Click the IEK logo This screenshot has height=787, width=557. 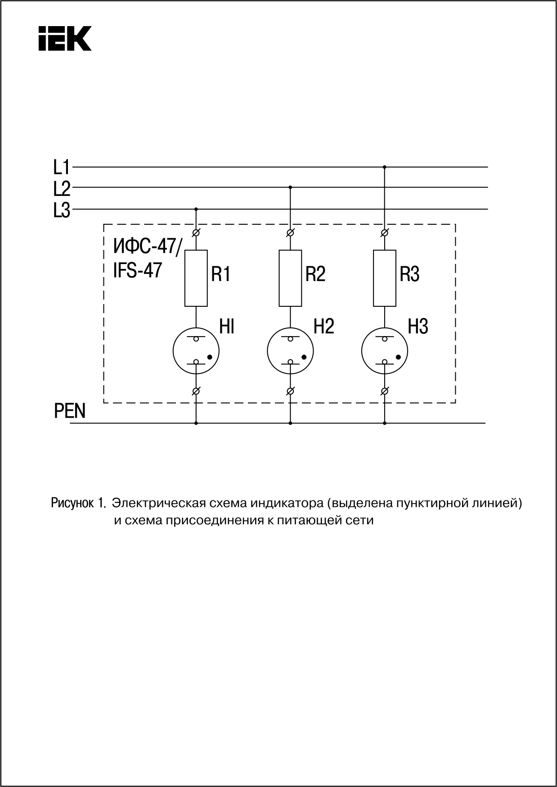(65, 38)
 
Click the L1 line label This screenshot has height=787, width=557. (62, 168)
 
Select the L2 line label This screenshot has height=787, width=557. (62, 189)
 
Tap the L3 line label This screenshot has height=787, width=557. (62, 210)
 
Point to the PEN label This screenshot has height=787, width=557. (70, 411)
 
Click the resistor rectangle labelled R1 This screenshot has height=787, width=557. (196, 278)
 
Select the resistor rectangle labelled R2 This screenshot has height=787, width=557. (291, 278)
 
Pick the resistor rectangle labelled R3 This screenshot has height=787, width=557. (385, 278)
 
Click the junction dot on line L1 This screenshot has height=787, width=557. (384, 167)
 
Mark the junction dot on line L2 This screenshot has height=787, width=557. (290, 187)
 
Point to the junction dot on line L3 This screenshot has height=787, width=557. (196, 209)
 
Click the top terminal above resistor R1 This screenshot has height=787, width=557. (196, 233)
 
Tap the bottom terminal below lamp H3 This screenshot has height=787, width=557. (385, 391)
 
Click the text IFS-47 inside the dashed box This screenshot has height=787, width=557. (137, 270)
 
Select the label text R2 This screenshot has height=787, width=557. (315, 274)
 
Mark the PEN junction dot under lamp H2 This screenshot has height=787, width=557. (290, 423)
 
